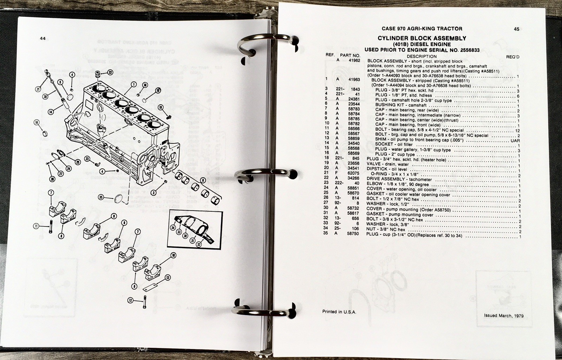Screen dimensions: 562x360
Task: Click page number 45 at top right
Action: [x=517, y=29]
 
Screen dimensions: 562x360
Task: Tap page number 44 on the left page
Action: [x=43, y=38]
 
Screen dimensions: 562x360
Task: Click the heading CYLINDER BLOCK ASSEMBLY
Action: [x=422, y=38]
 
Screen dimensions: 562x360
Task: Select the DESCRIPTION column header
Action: [x=422, y=57]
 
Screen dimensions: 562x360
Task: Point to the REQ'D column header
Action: [x=513, y=57]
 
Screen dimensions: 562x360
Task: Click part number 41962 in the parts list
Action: [x=354, y=60]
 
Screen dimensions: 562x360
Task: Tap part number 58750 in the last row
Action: [x=353, y=234]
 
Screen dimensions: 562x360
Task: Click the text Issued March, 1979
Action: [x=504, y=316]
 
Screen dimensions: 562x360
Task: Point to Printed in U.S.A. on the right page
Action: [x=339, y=312]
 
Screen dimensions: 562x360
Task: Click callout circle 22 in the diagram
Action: [x=110, y=72]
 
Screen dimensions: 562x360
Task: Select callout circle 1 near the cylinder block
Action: [x=134, y=84]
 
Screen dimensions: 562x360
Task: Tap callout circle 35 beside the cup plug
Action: [x=101, y=197]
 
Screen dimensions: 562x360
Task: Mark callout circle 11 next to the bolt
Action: [x=36, y=226]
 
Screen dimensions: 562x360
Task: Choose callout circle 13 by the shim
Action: [x=168, y=277]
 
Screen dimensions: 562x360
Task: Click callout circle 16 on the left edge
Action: [x=37, y=122]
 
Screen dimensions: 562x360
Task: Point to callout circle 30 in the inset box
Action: [x=185, y=236]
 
